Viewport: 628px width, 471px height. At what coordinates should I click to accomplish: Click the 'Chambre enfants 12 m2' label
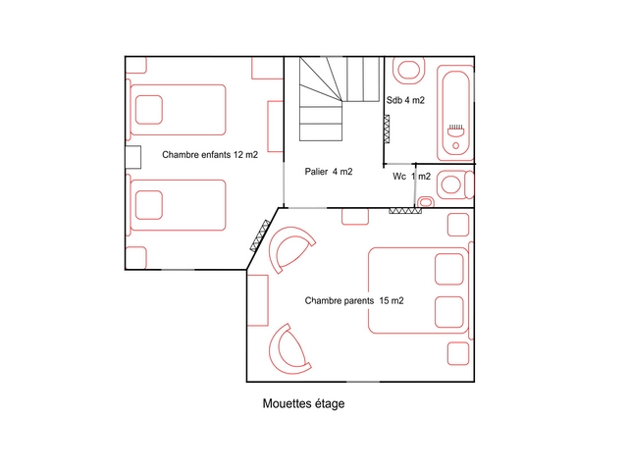(210, 155)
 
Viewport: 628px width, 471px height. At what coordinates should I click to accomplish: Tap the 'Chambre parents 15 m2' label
(354, 300)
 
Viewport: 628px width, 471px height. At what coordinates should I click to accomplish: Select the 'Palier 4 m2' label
(329, 172)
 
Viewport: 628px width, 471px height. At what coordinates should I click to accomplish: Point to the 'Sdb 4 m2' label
(405, 100)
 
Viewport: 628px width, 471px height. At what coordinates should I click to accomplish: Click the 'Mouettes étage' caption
(303, 403)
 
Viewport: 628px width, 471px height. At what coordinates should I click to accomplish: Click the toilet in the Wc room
(455, 185)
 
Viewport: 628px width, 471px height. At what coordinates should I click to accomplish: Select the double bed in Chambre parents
(419, 290)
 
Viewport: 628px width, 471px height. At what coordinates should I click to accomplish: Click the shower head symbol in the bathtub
(455, 131)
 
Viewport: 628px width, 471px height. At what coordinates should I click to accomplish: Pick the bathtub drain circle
(455, 146)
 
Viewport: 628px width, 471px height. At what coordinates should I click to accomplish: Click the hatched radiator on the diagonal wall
(260, 235)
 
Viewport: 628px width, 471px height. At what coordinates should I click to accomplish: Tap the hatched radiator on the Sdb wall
(387, 129)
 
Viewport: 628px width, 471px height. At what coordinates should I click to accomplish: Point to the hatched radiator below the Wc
(405, 211)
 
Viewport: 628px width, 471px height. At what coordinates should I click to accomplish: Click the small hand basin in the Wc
(425, 202)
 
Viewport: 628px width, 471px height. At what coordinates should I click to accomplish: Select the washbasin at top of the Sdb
(408, 71)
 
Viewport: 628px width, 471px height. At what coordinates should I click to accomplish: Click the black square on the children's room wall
(133, 157)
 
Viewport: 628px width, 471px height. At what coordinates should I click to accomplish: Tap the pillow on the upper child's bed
(149, 110)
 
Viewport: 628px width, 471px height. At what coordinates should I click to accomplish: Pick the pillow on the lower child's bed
(149, 205)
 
